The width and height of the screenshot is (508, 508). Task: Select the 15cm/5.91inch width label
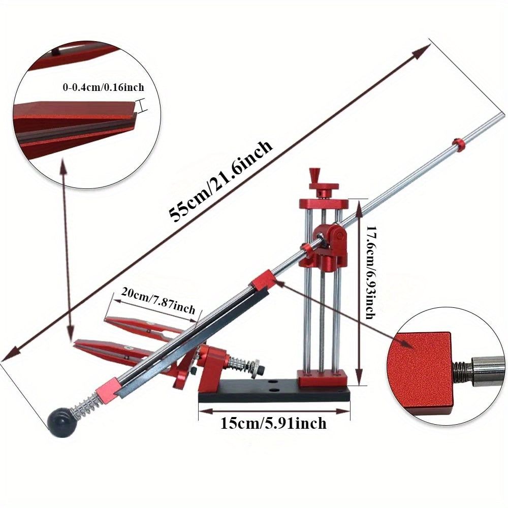click(x=274, y=423)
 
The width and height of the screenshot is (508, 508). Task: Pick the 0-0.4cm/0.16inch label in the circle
click(x=103, y=87)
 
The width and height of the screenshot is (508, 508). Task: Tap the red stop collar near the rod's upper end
click(x=459, y=144)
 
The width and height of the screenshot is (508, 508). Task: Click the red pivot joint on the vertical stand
click(x=333, y=236)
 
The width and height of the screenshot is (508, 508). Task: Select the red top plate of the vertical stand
click(x=324, y=204)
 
